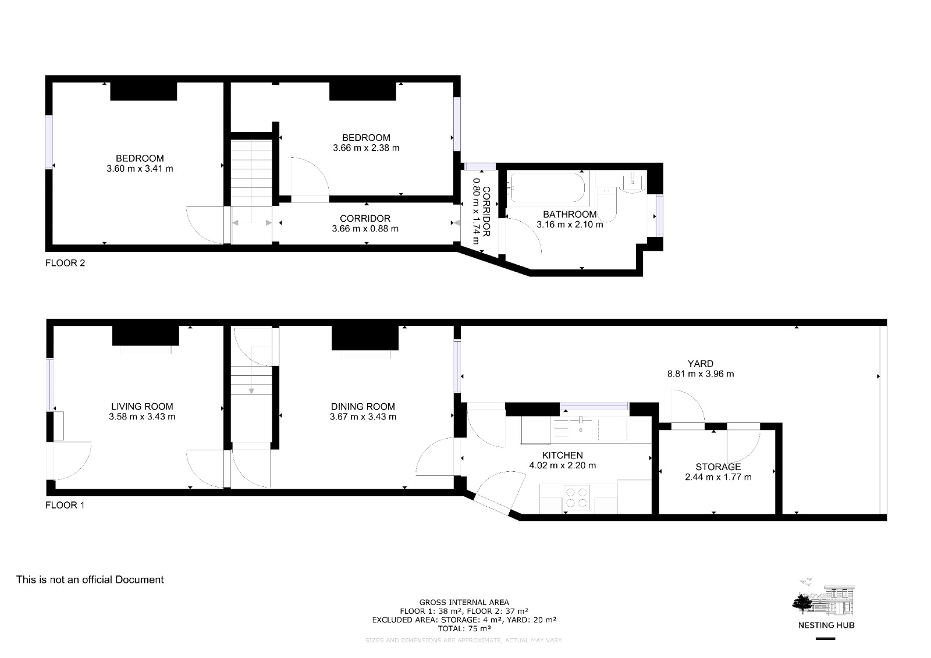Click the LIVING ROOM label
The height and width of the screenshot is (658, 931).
click(142, 407)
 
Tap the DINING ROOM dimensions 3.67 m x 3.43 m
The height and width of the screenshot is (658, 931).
click(363, 417)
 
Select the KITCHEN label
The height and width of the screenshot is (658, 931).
click(562, 455)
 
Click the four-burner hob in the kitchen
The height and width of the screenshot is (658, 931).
click(576, 497)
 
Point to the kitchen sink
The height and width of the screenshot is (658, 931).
click(580, 429)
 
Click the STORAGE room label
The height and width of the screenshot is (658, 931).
click(718, 467)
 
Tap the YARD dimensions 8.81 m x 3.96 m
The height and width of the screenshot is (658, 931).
click(701, 374)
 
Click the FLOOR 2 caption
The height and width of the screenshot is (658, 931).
click(65, 263)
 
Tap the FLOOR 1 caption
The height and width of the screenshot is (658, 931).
click(65, 505)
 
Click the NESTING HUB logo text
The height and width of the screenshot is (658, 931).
click(826, 625)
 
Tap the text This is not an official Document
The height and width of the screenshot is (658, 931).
click(90, 579)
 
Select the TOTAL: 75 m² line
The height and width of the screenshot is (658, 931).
click(464, 628)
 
